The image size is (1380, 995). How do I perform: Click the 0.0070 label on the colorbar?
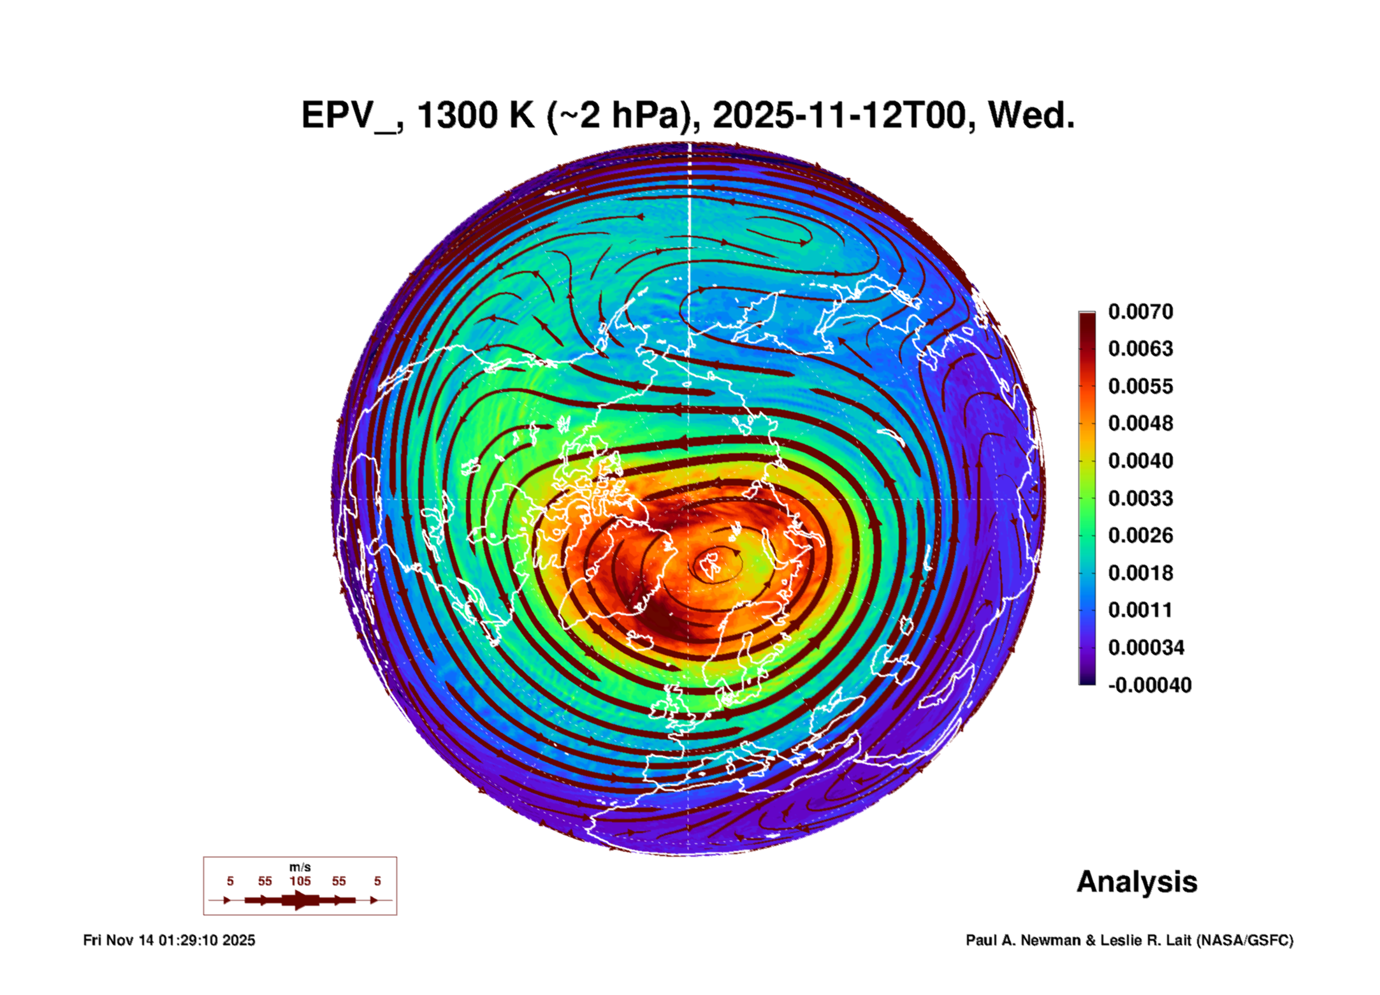[x=1140, y=312]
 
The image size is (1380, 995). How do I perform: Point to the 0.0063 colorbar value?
[x=1140, y=349]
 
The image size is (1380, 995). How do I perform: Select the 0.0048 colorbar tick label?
[x=1140, y=423]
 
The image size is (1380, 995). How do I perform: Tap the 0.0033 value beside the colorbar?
[x=1140, y=498]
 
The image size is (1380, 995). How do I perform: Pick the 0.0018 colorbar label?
[x=1140, y=572]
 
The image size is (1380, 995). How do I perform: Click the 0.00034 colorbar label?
[x=1145, y=648]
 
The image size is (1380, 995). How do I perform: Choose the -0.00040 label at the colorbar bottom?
[x=1149, y=685]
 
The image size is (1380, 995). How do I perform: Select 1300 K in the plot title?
[x=476, y=116]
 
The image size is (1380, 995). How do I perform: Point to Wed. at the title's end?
[x=1031, y=116]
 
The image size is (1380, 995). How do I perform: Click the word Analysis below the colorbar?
[x=1137, y=882]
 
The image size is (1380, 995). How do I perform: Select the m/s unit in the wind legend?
[x=300, y=867]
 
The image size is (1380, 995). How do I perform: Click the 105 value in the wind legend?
[x=300, y=881]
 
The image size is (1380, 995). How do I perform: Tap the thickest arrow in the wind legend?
[x=300, y=900]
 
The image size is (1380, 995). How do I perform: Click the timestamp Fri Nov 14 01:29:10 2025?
[x=169, y=940]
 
